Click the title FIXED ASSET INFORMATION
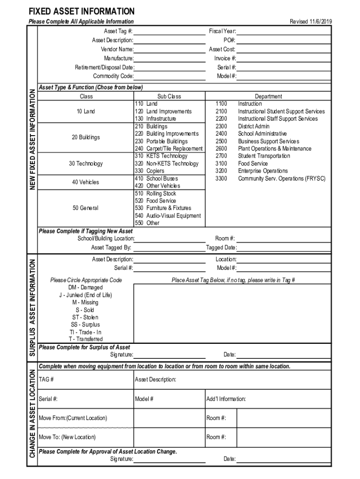click(81, 11)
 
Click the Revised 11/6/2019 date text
click(311, 22)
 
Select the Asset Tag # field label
click(118, 31)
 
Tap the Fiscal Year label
click(223, 31)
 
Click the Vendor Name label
click(117, 49)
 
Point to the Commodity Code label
click(113, 76)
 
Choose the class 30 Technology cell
click(86, 164)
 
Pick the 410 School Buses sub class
click(156, 178)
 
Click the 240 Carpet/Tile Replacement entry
click(168, 149)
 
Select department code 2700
click(221, 156)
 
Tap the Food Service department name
click(253, 164)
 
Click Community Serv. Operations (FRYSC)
click(281, 178)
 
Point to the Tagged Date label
click(221, 247)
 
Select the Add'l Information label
click(226, 399)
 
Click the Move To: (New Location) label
click(67, 437)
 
